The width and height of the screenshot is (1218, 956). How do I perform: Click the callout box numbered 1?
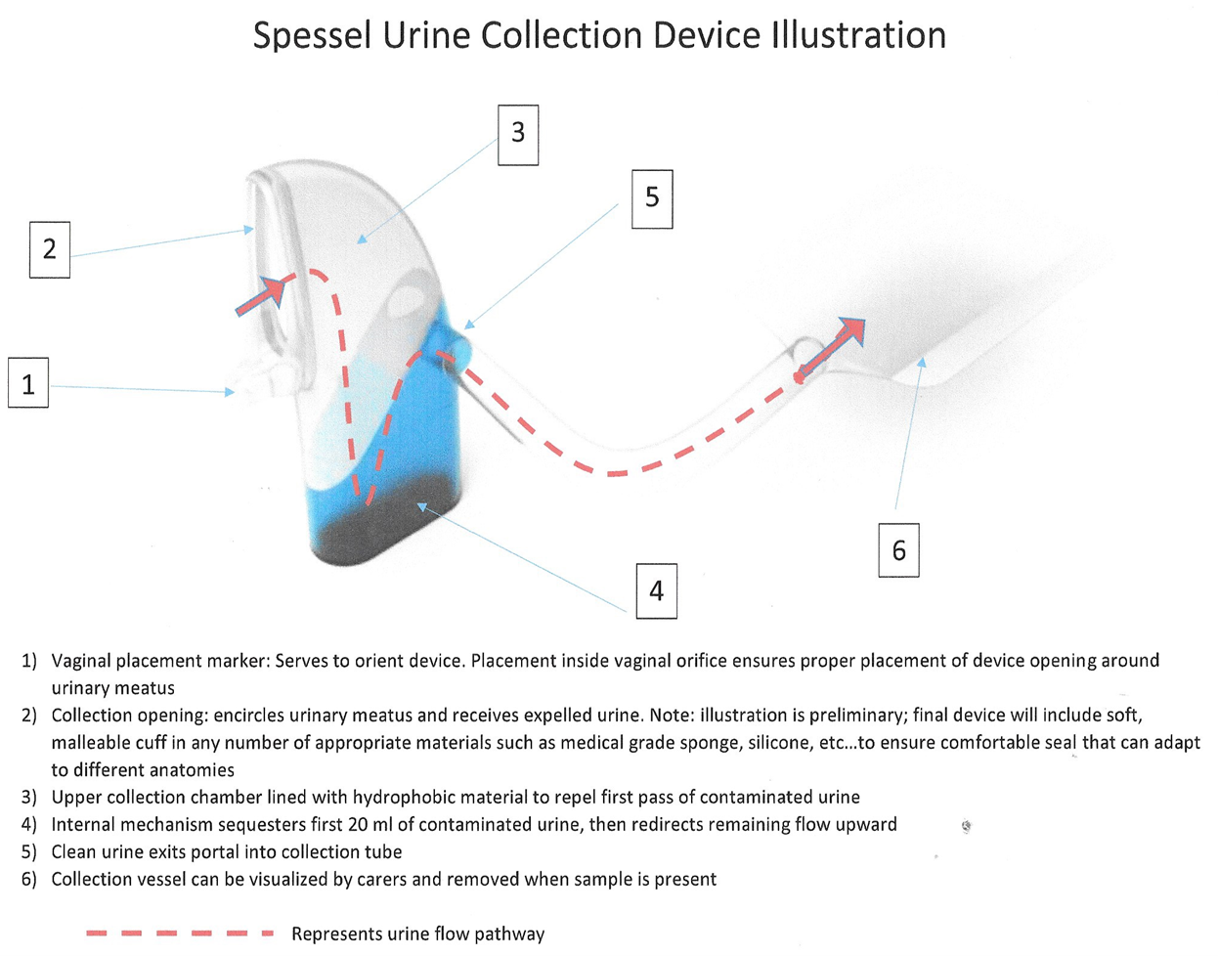point(28,383)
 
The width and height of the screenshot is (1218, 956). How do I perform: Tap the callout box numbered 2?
point(50,249)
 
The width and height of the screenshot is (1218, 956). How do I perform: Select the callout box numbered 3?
point(518,135)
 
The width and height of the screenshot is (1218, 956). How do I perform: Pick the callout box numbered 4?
point(656,591)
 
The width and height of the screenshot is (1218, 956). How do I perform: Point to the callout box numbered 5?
point(652,199)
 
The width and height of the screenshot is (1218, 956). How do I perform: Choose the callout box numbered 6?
point(898,550)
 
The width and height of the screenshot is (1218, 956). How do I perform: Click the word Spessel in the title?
point(312,36)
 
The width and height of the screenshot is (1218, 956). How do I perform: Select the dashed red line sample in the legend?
point(180,933)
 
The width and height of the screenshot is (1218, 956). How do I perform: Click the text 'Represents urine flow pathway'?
point(418,934)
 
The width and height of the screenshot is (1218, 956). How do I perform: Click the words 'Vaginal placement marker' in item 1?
point(154,661)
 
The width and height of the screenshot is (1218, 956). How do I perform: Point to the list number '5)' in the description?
point(29,851)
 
